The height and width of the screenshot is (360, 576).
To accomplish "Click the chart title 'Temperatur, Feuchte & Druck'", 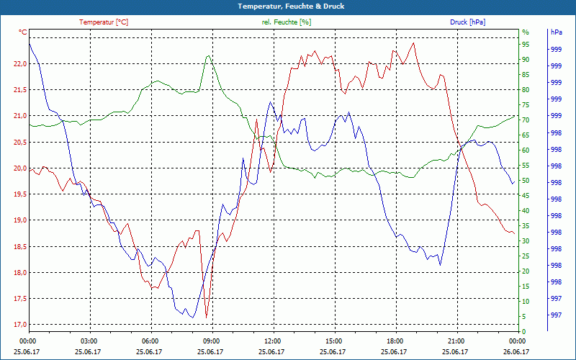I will point(288,6).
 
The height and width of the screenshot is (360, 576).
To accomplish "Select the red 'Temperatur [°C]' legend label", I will point(104,22).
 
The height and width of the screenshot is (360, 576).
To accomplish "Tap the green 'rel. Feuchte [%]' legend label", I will point(287,22).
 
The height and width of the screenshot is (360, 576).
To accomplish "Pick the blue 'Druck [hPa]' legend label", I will point(467,22).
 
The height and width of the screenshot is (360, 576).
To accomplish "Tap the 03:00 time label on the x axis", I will point(89,341).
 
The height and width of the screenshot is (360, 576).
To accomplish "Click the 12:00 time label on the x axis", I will point(272,341).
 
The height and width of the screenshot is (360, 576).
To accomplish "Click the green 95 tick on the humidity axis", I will point(526,45).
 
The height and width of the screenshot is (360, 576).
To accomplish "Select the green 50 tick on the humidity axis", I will point(526,181).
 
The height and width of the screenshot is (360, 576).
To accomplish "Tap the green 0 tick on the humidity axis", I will point(524,332).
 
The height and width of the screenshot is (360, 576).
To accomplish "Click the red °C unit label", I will point(22,32).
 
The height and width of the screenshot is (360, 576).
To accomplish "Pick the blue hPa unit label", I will point(556,32).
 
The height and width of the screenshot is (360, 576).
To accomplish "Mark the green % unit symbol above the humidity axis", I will point(525,32).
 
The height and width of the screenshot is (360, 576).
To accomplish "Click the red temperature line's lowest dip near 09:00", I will point(207,317).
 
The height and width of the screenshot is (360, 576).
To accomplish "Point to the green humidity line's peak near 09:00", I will point(208,56).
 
